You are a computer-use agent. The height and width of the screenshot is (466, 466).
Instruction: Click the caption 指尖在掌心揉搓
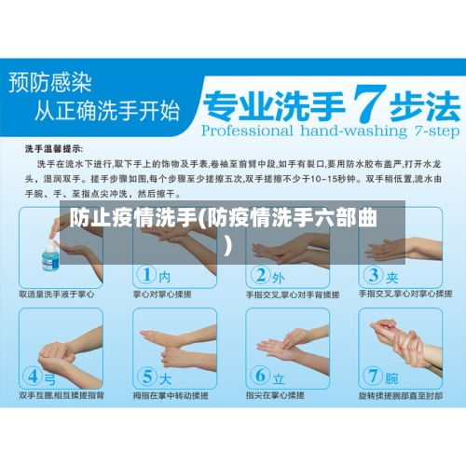tap(279, 395)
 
